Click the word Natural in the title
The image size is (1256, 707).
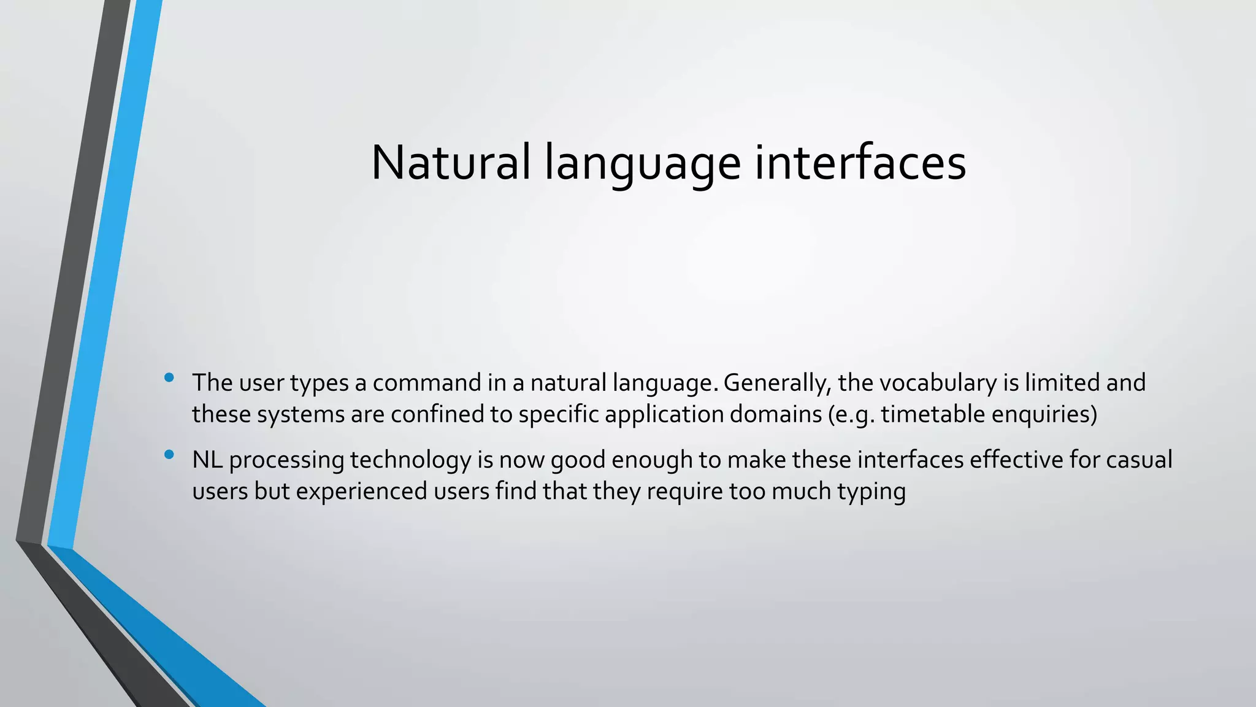click(451, 163)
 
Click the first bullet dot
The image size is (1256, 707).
click(169, 377)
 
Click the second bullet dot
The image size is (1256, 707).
click(169, 455)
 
